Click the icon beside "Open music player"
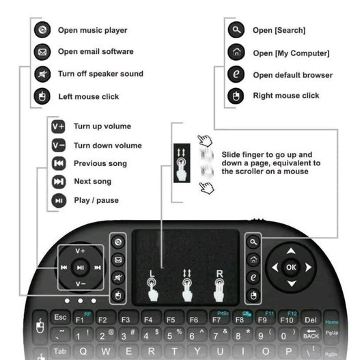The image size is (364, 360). coord(42,30)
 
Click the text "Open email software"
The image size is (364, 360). coord(96,51)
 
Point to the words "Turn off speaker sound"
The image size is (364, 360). coord(100,74)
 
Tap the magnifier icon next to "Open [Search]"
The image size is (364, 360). coord(236,30)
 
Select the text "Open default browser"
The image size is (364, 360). coord(292,75)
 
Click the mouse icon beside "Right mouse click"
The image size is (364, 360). coord(236,96)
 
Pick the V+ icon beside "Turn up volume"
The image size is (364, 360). coord(59,126)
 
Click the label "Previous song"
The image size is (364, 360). coord(100,163)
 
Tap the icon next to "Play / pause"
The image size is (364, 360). coord(59,200)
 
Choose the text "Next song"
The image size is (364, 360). coord(92,181)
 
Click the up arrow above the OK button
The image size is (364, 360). coord(291,251)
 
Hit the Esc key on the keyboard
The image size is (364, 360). coord(59,318)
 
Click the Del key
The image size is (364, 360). coord(311,319)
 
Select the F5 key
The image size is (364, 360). coord(171,319)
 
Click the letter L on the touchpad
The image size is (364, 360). coord(152,274)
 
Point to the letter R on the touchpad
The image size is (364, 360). coord(219,274)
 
